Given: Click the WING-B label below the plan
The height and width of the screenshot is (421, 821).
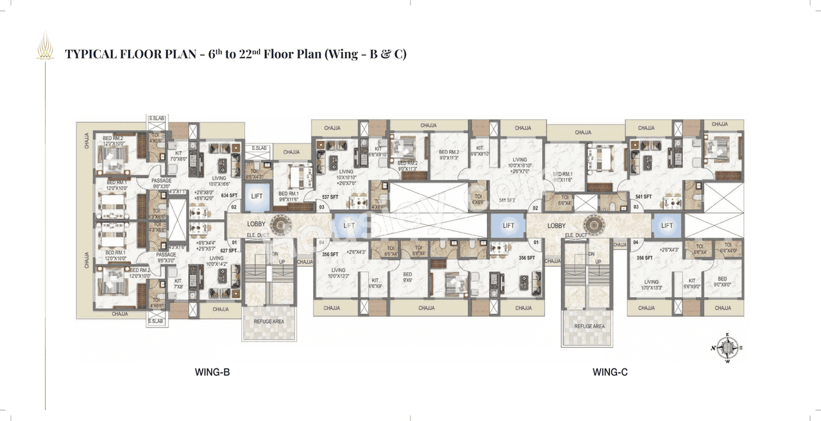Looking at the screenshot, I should pyautogui.click(x=212, y=372).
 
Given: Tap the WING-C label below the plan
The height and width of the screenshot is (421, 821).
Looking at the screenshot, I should pyautogui.click(x=609, y=372).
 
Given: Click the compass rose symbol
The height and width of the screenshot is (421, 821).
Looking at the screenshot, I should pyautogui.click(x=727, y=348).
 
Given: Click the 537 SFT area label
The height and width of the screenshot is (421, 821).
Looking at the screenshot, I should pyautogui.click(x=330, y=197).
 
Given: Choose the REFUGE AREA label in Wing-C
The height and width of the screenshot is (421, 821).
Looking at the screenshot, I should pyautogui.click(x=589, y=326).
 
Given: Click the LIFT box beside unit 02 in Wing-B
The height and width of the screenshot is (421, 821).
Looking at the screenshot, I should pyautogui.click(x=257, y=197).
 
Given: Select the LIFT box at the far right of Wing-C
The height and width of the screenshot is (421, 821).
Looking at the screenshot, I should pyautogui.click(x=667, y=226).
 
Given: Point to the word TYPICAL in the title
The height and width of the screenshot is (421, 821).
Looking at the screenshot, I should pyautogui.click(x=90, y=54).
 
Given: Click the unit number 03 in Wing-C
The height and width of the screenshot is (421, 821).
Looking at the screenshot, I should pyautogui.click(x=636, y=208).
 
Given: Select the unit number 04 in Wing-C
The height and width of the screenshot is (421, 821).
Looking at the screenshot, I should pyautogui.click(x=636, y=242).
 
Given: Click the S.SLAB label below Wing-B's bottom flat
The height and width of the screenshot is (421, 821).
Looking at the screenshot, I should pyautogui.click(x=156, y=320).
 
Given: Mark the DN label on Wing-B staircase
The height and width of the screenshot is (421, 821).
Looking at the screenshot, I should pyautogui.click(x=276, y=254).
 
